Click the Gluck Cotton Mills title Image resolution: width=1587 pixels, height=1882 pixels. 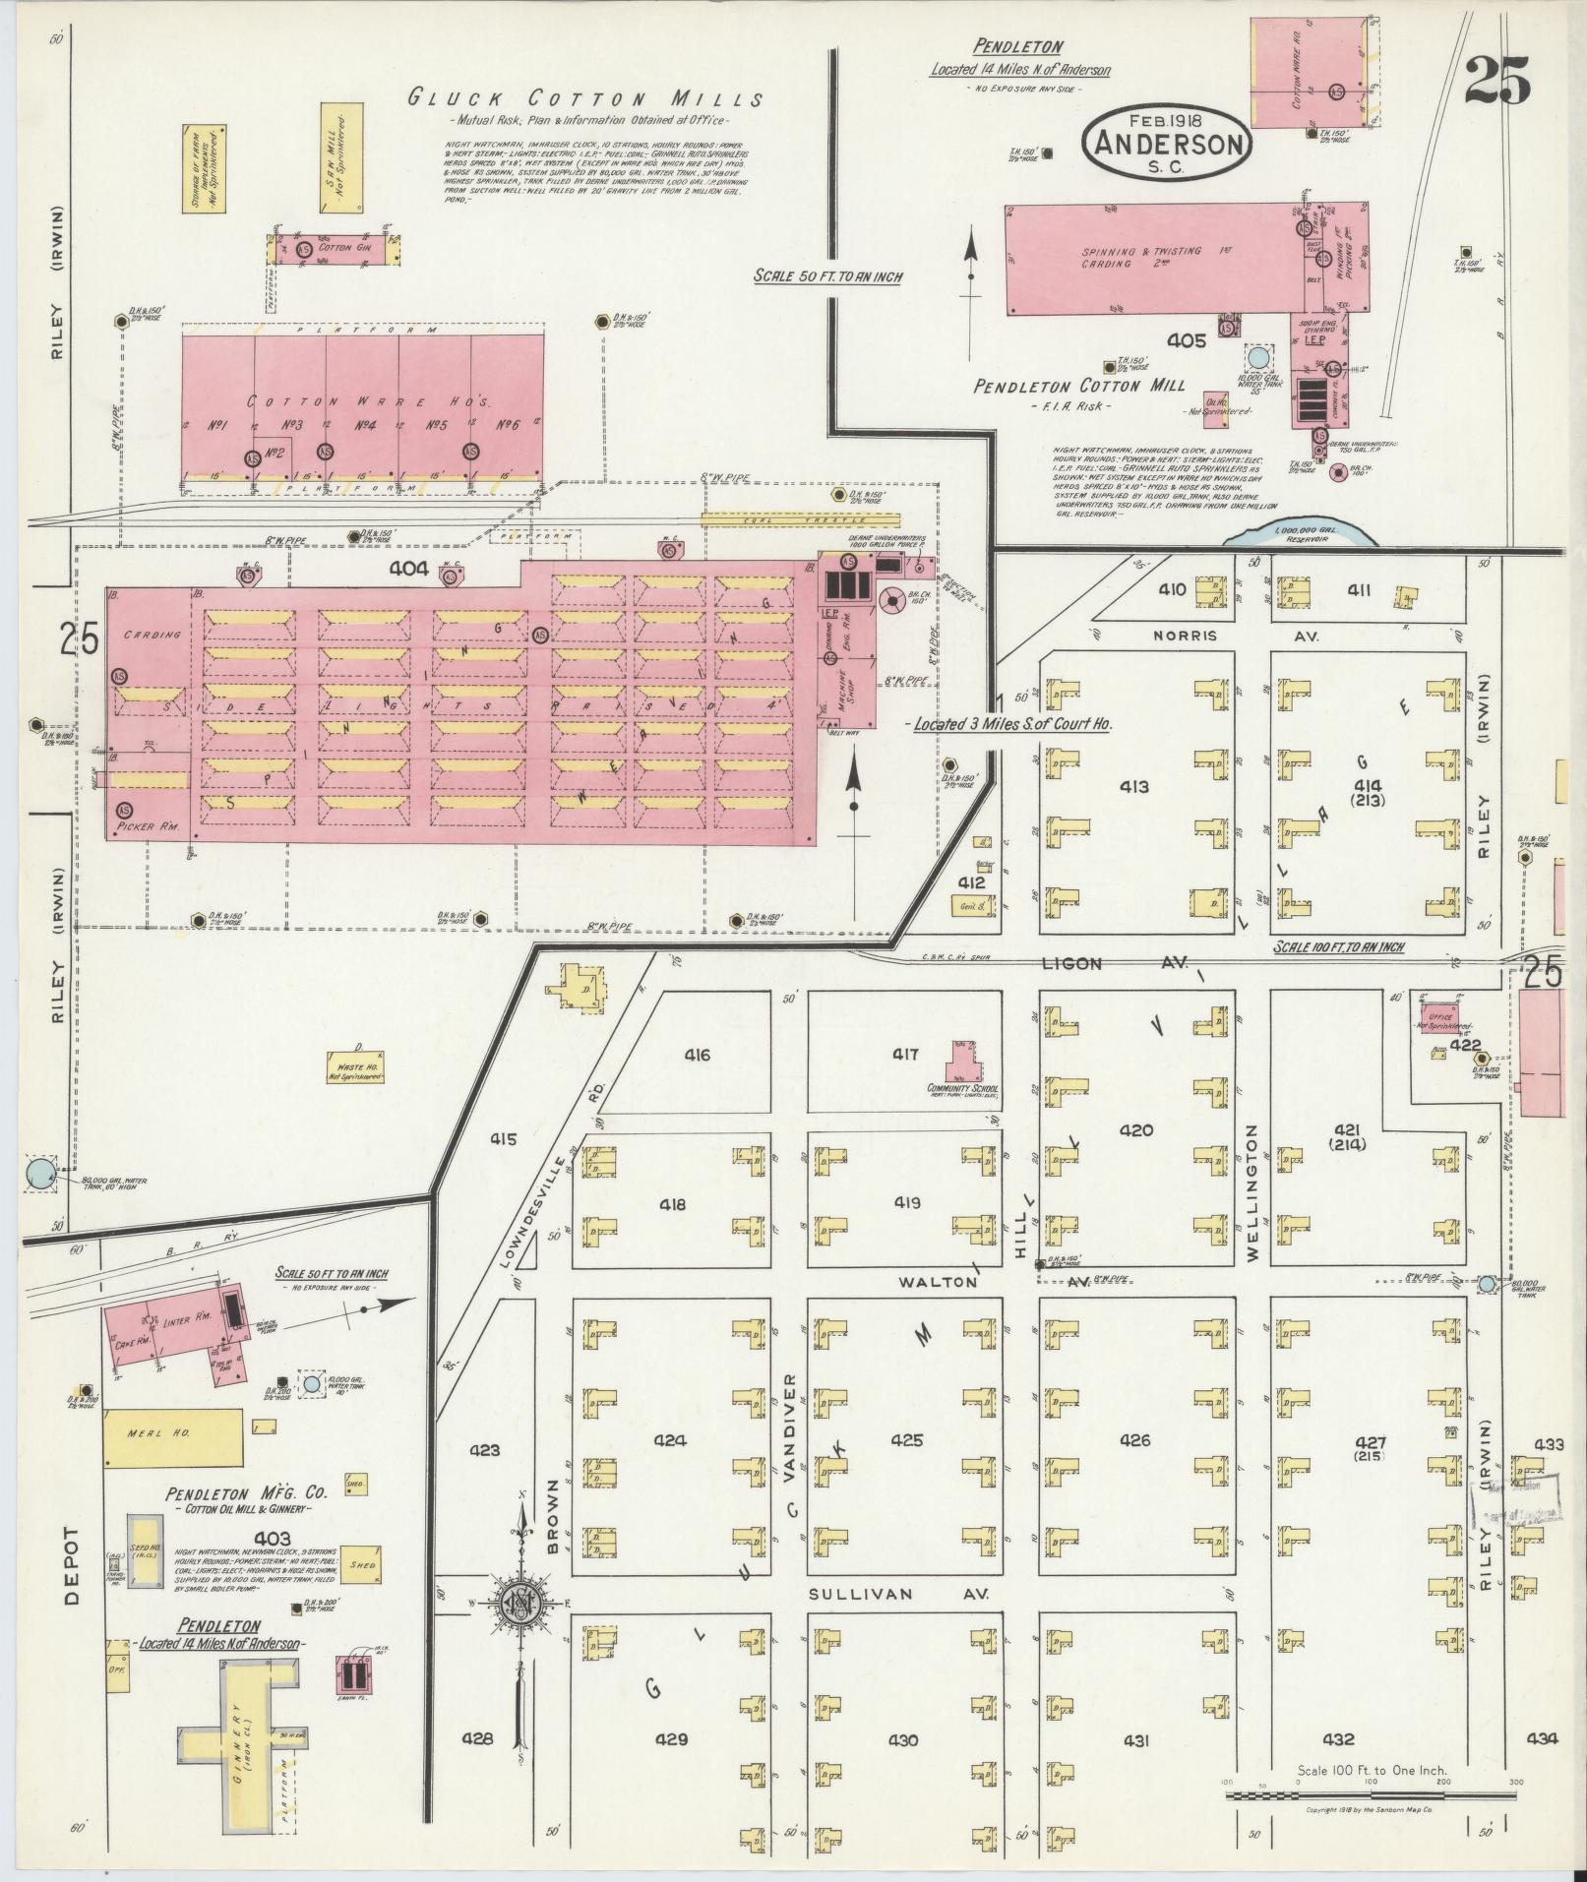coord(586,98)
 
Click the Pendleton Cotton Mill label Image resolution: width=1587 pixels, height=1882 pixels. coord(1078,386)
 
